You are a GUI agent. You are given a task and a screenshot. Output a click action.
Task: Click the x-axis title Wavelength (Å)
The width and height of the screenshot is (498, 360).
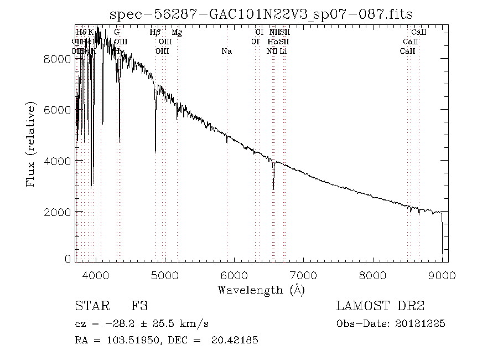click(261, 289)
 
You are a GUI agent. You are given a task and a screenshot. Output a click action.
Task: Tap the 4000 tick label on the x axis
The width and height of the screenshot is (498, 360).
click(97, 275)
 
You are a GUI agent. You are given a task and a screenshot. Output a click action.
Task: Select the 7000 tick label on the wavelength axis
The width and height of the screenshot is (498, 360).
click(304, 275)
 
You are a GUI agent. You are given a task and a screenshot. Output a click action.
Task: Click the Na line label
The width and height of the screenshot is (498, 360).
click(226, 52)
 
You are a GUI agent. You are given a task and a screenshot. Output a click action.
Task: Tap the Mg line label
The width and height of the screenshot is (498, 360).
click(177, 33)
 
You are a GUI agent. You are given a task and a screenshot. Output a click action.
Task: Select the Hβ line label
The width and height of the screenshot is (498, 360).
click(155, 33)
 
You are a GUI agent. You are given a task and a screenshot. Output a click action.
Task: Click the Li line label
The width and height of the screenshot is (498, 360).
click(283, 52)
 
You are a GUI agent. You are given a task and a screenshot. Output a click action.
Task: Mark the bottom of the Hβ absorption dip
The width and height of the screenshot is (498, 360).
click(155, 151)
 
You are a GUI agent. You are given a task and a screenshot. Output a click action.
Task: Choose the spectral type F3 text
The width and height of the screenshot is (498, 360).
click(139, 306)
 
